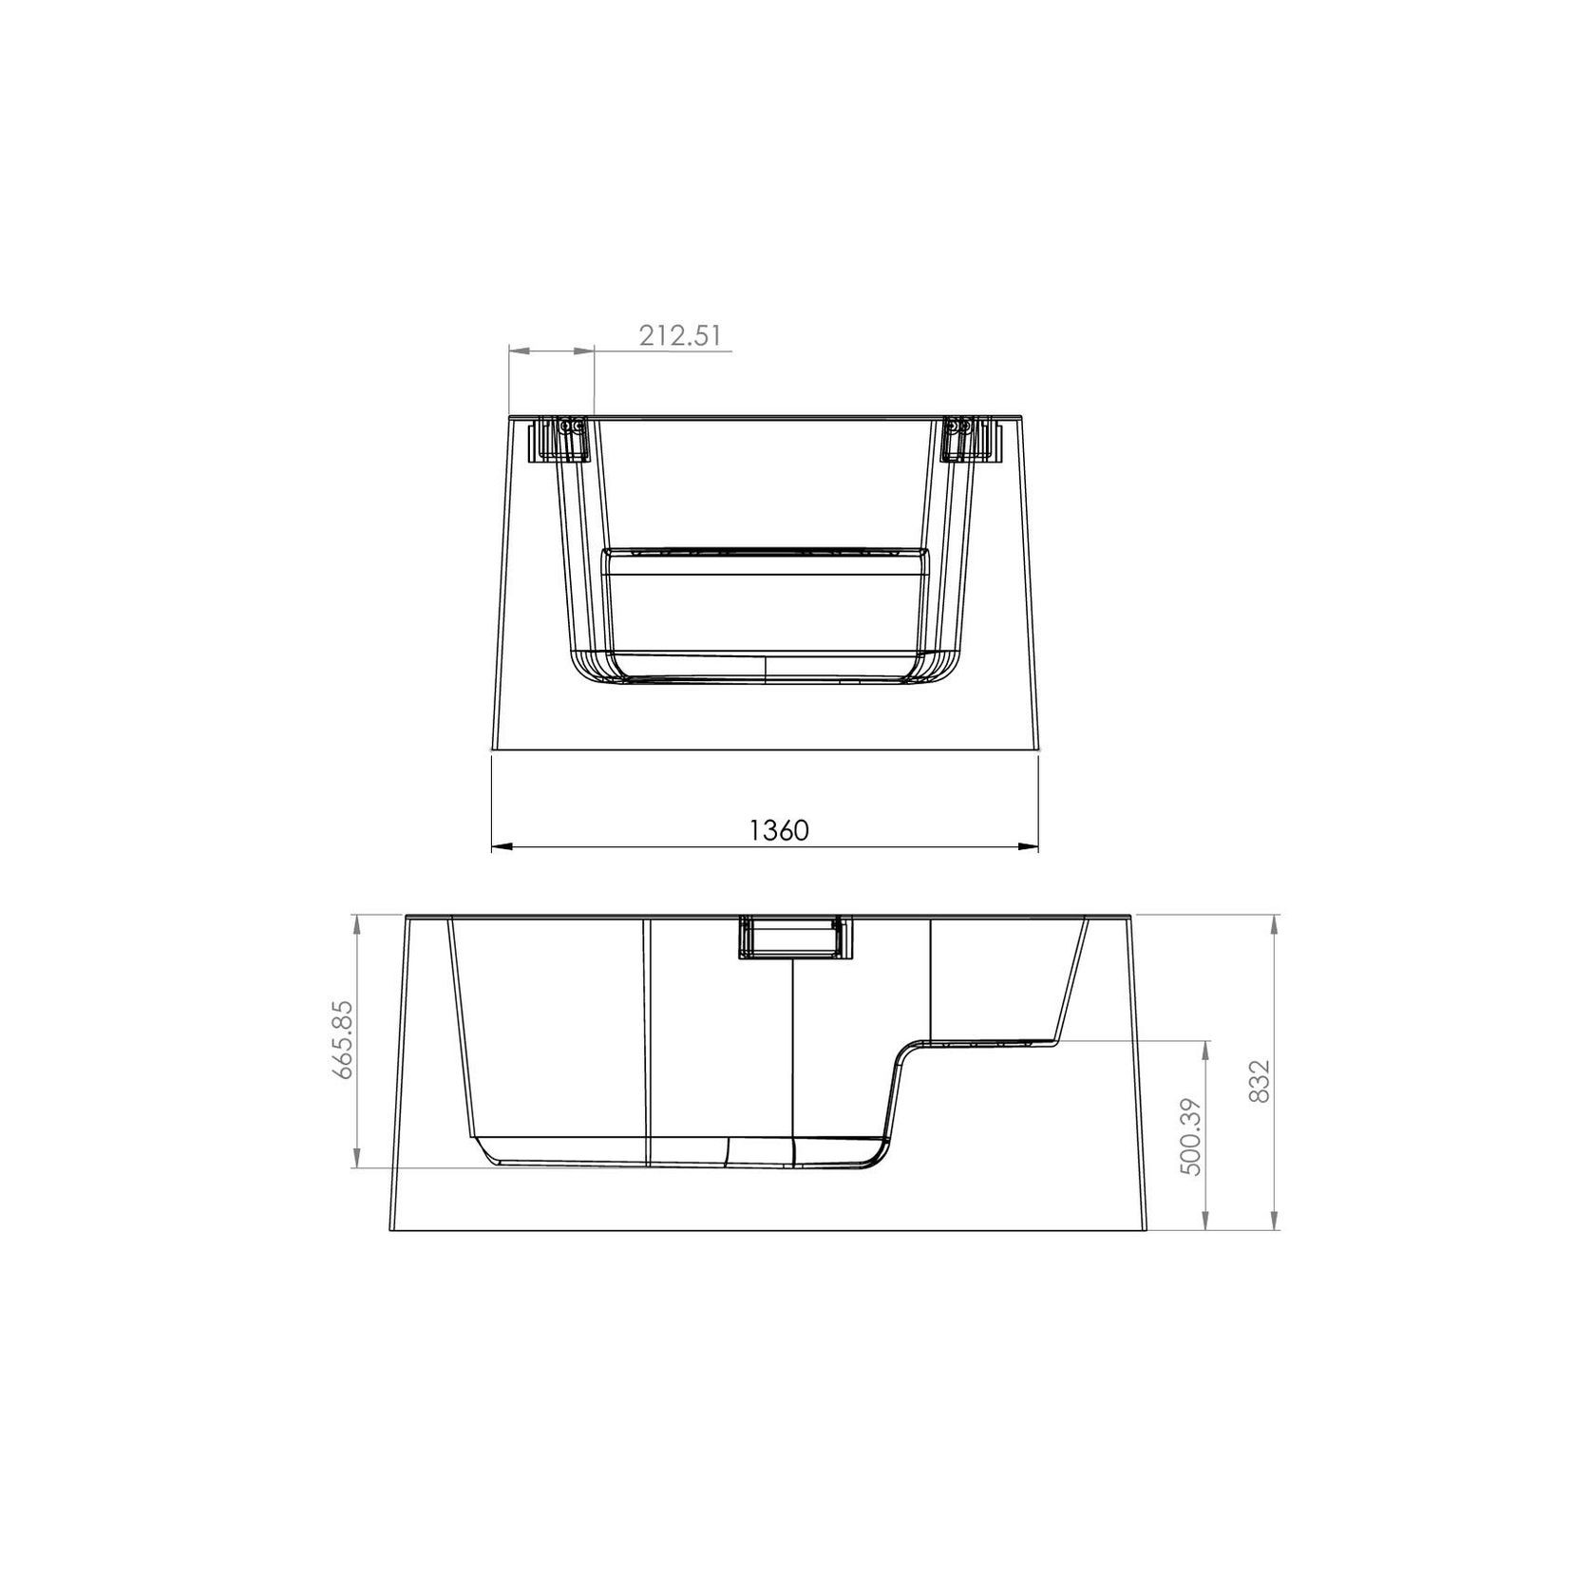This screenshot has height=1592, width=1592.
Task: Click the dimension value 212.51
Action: point(680,335)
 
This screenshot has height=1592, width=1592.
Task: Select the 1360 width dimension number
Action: point(779,830)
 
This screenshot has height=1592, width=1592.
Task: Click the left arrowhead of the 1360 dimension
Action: point(502,846)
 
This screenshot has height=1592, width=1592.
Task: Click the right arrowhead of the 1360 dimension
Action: point(1027,846)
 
